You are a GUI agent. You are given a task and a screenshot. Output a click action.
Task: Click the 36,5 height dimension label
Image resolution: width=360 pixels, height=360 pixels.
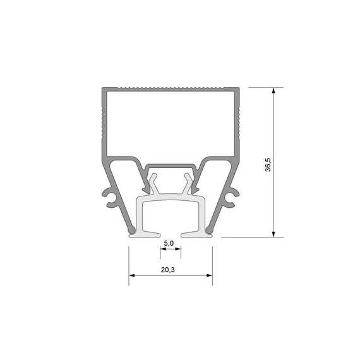268,165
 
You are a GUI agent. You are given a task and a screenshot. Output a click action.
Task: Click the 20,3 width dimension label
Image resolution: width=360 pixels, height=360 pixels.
167,270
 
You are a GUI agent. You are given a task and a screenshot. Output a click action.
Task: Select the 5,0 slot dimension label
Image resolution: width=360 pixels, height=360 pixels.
169,243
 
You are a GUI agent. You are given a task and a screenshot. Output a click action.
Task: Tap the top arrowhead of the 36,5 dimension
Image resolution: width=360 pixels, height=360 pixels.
273,90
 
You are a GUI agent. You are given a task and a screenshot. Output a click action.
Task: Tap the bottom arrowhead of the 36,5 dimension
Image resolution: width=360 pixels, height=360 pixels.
273,234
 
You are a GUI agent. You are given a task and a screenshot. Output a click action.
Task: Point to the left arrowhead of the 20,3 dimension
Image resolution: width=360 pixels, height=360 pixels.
132,275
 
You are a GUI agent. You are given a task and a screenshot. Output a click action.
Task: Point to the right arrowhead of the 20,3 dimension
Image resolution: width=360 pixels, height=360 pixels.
210,275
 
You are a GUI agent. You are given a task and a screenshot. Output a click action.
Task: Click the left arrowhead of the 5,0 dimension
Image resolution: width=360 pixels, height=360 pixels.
163,249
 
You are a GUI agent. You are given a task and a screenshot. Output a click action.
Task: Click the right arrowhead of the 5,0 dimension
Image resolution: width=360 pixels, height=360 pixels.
178,249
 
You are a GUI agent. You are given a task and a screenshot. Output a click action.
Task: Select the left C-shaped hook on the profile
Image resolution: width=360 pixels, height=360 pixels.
109,198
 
